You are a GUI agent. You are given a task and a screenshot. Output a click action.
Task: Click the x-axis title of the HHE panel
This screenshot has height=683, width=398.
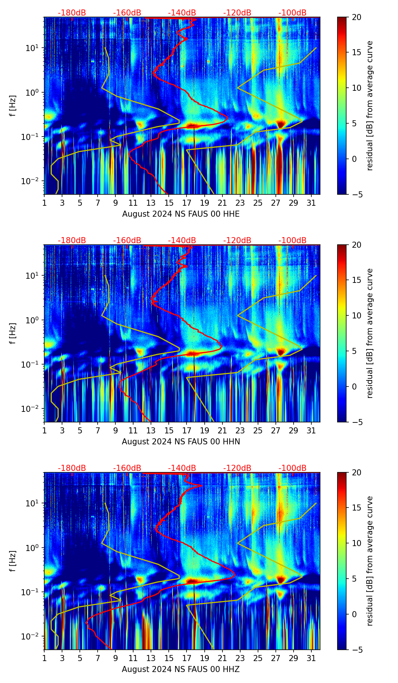[181, 214]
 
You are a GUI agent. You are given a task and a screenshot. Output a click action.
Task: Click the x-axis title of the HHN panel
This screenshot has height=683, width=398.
[181, 442]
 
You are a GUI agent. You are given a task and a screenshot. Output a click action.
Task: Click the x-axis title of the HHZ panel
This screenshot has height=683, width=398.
[181, 669]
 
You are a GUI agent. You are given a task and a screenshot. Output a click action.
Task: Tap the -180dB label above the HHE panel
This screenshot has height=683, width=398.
[72, 13]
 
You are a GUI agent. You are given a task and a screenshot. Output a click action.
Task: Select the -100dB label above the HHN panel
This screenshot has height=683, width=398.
[292, 241]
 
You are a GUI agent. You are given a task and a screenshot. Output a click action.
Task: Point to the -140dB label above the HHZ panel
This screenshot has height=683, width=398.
[182, 468]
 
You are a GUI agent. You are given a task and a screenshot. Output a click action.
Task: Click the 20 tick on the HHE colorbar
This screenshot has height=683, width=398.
[356, 17]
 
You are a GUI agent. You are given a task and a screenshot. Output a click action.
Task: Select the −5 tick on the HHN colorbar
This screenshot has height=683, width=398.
[356, 422]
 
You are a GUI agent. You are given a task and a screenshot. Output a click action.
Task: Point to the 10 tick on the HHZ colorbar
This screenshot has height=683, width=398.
[356, 543]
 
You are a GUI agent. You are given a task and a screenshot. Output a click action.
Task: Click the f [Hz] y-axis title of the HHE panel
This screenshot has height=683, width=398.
[13, 106]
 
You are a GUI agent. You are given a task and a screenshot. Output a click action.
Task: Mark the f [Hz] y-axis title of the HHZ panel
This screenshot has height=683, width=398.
[13, 561]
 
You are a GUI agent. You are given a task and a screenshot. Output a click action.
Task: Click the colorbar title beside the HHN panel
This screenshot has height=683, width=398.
[370, 333]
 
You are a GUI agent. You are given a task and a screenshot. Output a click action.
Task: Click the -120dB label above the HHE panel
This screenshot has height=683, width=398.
[237, 13]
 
